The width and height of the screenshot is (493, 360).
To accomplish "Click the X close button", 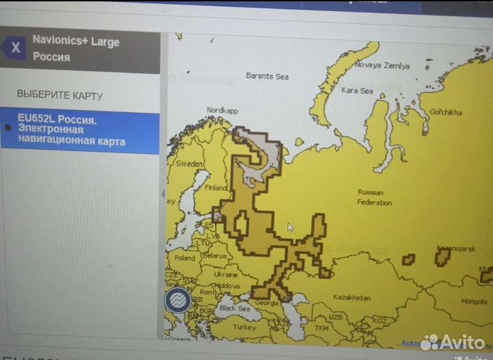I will point(15,49).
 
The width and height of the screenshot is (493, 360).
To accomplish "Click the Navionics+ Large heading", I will point(76,42).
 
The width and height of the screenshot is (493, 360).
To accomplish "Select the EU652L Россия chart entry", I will point(79,130).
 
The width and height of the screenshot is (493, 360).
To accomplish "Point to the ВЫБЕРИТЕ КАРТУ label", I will point(60,94).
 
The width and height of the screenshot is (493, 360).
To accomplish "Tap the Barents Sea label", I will point(268,76).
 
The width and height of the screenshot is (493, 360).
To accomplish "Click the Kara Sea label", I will point(357,90).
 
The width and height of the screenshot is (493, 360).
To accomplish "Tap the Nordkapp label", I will point(222,110).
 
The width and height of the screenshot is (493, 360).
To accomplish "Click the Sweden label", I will point(190,164).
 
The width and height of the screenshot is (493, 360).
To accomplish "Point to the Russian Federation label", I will point(374,197).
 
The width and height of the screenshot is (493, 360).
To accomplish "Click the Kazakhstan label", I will point(351,298).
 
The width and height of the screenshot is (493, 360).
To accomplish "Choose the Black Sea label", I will point(234,309).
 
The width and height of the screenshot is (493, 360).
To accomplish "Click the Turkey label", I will point(244,327).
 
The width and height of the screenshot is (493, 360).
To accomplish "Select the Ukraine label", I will point(225,274).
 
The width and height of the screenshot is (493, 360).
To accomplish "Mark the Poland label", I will point(184,259).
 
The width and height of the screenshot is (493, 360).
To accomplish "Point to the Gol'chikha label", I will point(445,112).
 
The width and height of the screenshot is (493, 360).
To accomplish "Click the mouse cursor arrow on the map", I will point(291,227).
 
